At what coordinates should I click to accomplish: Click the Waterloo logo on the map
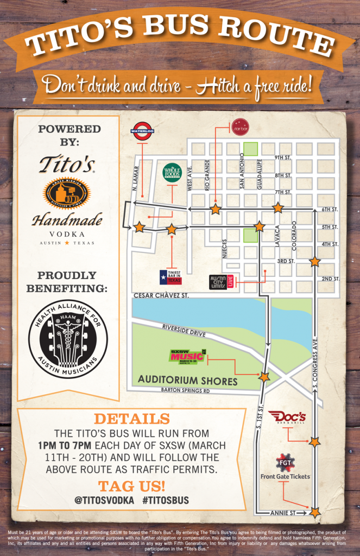[x=142, y=131]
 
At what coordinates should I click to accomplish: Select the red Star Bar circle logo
[x=239, y=127]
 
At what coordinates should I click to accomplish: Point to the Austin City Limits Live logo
[x=222, y=282]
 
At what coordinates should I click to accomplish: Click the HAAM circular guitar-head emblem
[x=68, y=340]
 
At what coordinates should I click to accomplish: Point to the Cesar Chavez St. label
[x=161, y=295]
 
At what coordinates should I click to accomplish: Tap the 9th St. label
[x=283, y=158]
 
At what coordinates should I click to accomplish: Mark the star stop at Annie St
[x=315, y=511]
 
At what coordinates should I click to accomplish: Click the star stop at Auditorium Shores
[x=264, y=376]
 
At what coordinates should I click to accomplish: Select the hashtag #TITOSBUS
[x=166, y=500]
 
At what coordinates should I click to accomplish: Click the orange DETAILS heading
[x=131, y=419]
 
